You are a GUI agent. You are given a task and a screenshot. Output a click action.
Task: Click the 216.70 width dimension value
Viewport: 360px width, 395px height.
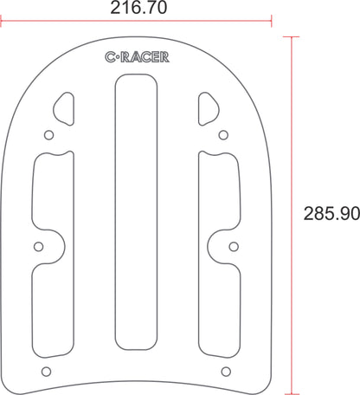click(x=138, y=9)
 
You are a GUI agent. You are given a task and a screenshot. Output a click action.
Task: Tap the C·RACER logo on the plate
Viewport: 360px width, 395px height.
click(x=137, y=58)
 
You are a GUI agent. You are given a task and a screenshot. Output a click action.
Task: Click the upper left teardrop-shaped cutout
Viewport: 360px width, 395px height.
click(x=66, y=108)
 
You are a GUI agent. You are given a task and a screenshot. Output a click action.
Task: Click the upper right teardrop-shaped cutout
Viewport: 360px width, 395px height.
click(x=208, y=108)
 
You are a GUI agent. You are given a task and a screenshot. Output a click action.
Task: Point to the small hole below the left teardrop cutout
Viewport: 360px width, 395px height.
click(x=48, y=135)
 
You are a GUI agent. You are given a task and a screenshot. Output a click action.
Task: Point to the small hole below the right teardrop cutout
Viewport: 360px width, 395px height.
click(x=224, y=135)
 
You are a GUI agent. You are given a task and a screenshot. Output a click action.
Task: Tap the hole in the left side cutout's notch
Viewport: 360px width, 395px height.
click(x=38, y=247)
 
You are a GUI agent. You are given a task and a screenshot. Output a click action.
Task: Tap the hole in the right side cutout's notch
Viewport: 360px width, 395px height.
click(x=235, y=247)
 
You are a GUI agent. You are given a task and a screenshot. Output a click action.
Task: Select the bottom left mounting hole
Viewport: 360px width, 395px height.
click(x=48, y=371)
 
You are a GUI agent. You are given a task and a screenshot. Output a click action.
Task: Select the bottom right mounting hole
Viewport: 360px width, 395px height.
click(x=226, y=371)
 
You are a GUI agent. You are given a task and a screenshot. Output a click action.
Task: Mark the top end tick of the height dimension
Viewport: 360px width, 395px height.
click(x=290, y=36)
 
